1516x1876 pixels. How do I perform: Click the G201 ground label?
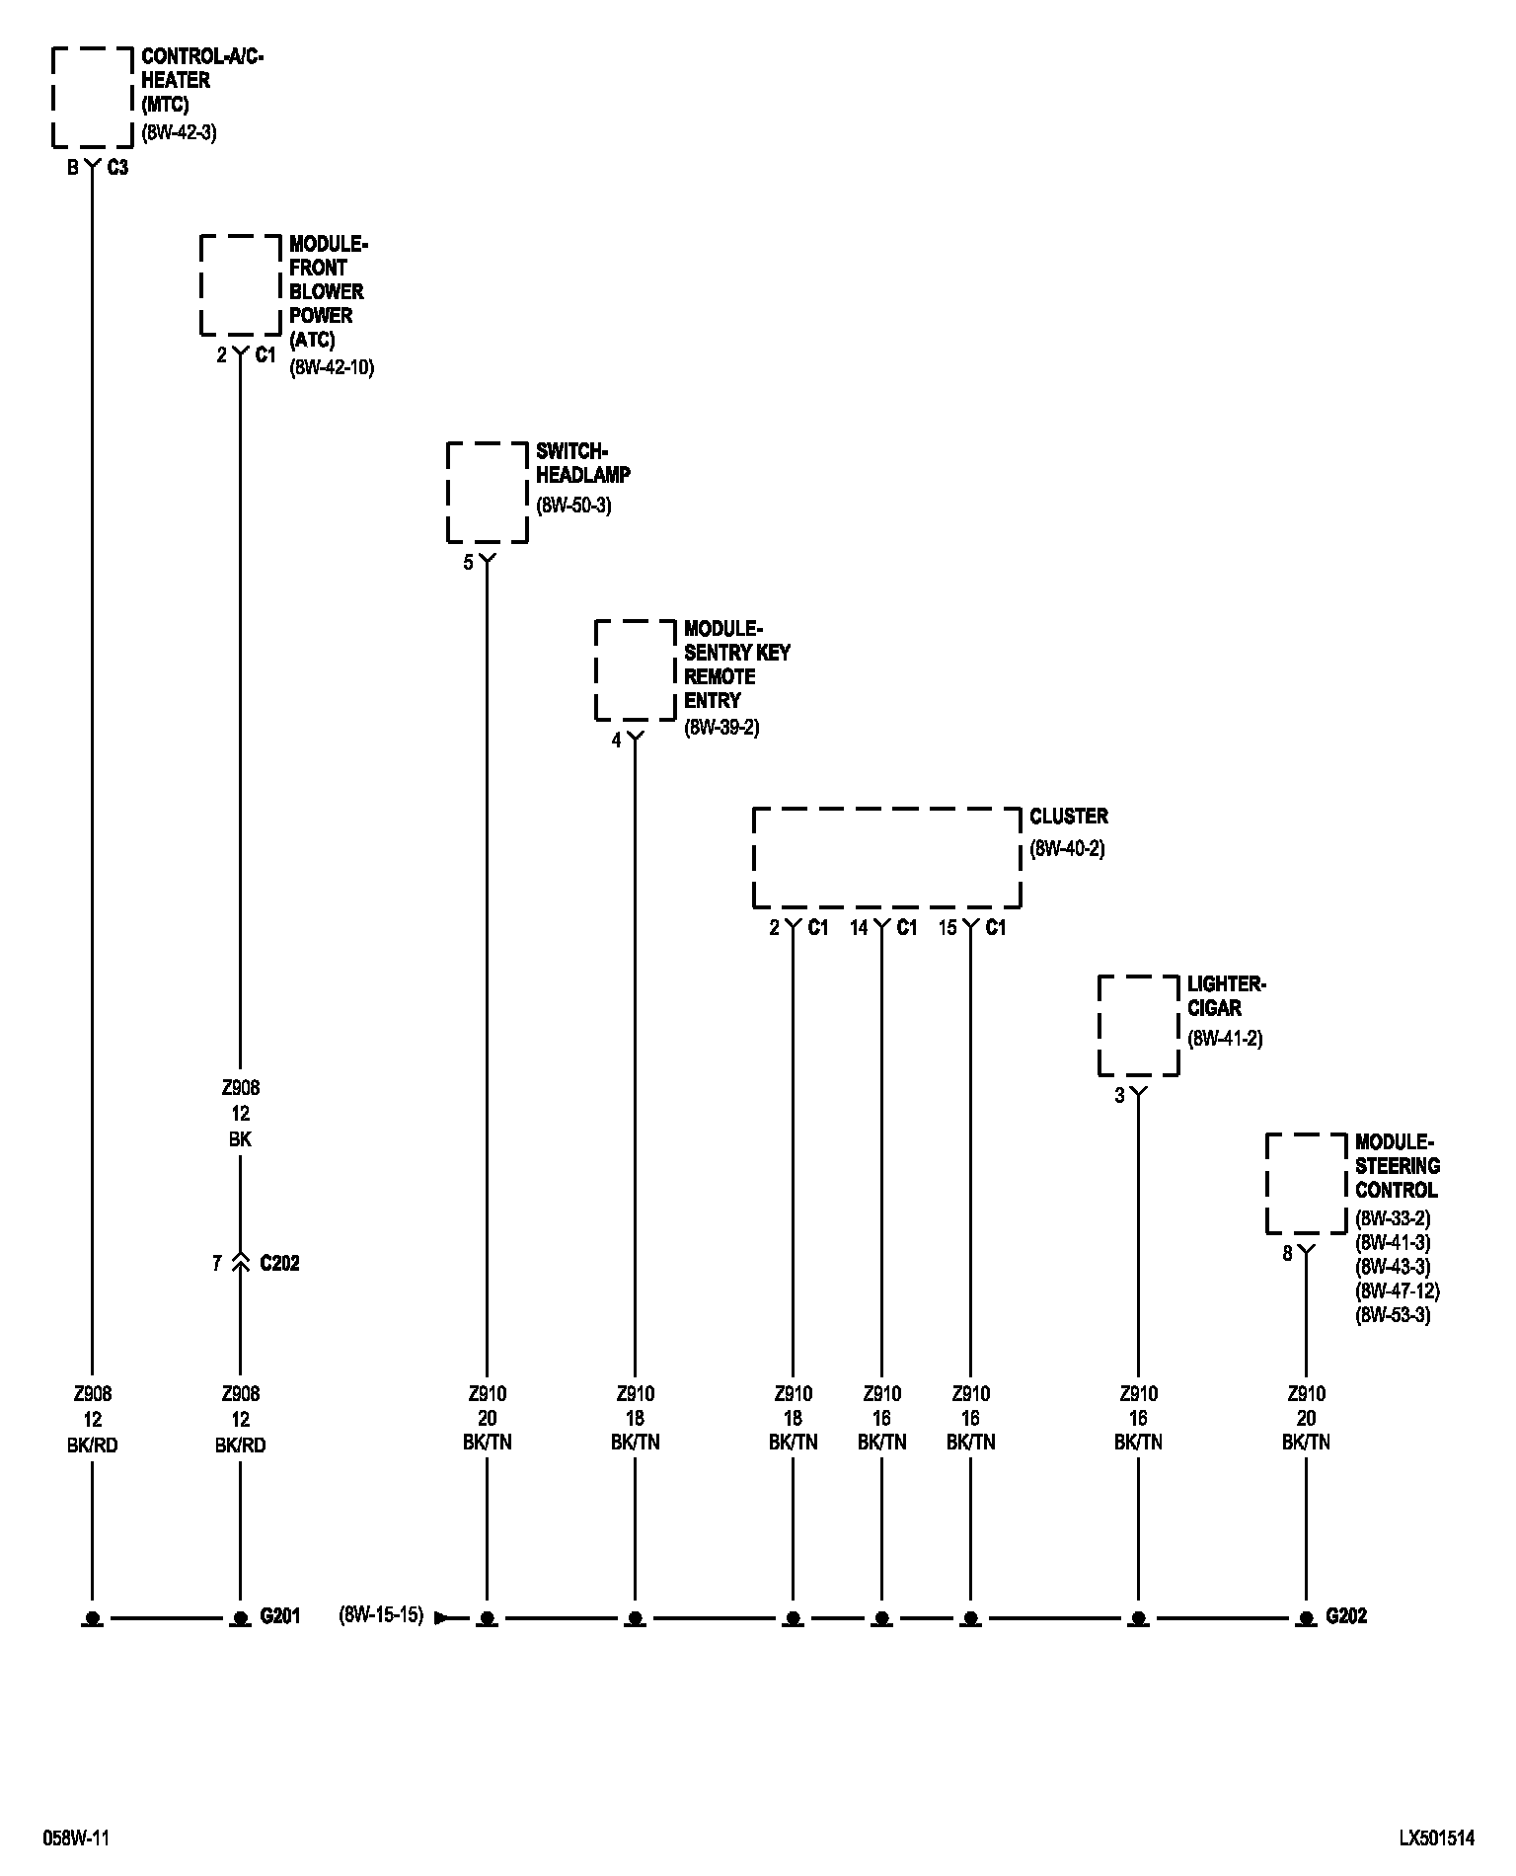tap(279, 1616)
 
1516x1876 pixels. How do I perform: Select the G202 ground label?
tap(1346, 1616)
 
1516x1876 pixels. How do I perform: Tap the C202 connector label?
tap(279, 1263)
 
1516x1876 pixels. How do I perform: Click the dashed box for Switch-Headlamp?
tap(488, 492)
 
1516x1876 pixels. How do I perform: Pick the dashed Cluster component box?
tap(886, 857)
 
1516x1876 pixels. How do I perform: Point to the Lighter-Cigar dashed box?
tap(1139, 1025)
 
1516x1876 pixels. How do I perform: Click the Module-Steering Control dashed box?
tap(1307, 1183)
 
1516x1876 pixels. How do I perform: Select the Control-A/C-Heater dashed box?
tap(92, 97)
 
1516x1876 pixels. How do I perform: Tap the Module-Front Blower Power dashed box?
tap(241, 284)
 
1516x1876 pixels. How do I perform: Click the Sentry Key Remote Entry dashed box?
tap(636, 669)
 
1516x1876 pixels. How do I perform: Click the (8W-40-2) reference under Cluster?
tap(1067, 848)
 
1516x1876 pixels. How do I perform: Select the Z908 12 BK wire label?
tap(240, 1113)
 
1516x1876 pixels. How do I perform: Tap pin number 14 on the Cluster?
tap(859, 927)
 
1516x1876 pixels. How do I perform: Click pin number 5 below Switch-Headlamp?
tap(469, 564)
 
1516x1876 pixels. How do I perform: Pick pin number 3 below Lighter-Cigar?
tap(1119, 1095)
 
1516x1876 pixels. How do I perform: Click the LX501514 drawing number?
tap(1436, 1837)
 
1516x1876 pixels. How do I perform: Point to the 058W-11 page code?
tap(76, 1837)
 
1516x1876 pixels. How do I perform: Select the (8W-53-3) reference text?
tap(1393, 1314)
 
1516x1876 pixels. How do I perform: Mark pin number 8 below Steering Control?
tap(1287, 1255)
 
